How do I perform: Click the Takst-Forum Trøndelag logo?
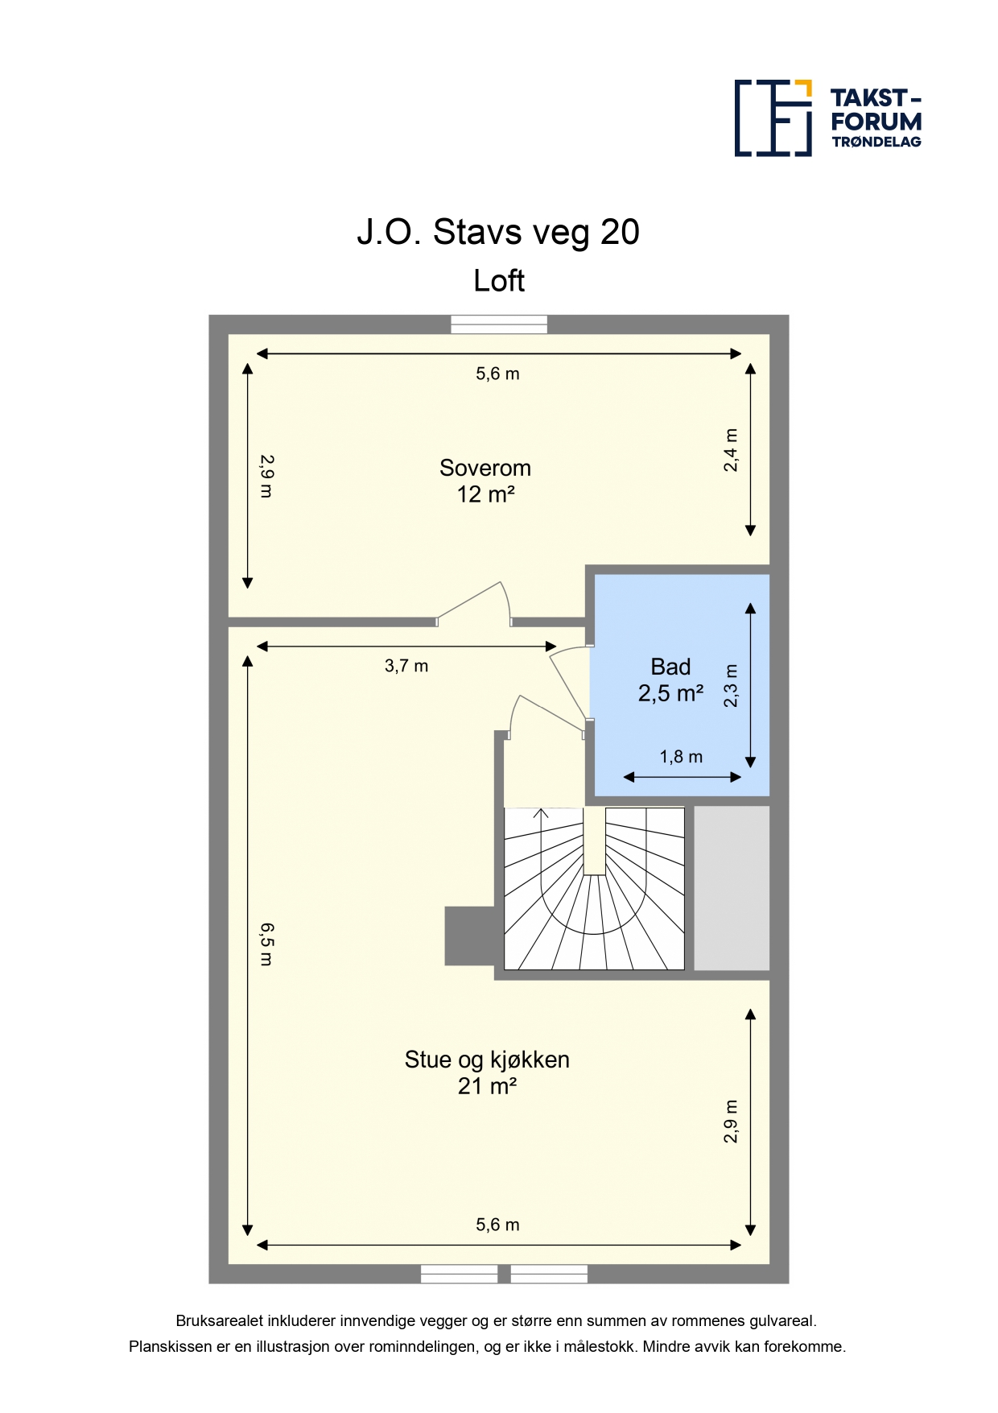828,118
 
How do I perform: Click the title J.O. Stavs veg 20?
498,232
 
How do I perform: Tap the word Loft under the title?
499,281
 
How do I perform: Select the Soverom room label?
485,468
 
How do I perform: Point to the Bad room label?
670,667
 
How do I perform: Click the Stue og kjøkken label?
487,1060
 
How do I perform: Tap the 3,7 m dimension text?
406,666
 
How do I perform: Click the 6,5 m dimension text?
266,944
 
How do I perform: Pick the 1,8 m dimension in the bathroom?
681,757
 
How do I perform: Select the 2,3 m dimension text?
731,685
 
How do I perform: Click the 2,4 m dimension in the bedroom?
731,449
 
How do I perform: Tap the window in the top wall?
499,324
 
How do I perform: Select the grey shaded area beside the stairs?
732,888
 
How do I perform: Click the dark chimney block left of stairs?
470,936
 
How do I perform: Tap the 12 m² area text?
485,494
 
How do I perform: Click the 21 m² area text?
487,1086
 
